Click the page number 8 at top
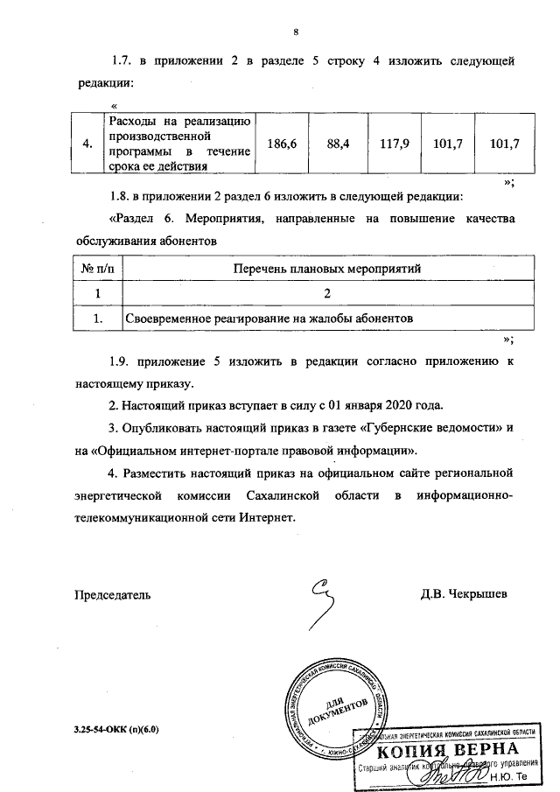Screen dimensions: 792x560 [x=297, y=33]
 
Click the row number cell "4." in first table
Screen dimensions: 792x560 [x=87, y=144]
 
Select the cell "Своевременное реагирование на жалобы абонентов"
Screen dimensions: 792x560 [x=269, y=318]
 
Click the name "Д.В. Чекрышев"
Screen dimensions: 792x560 [x=464, y=594]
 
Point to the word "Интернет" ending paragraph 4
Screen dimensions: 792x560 [x=271, y=516]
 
